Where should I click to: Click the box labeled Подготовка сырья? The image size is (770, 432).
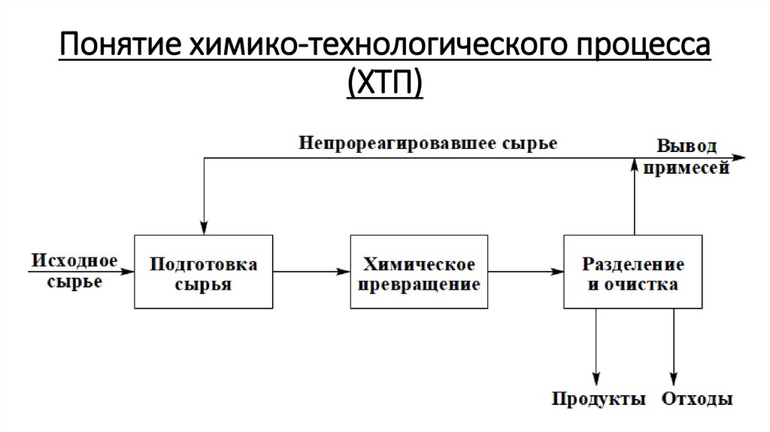[x=203, y=272]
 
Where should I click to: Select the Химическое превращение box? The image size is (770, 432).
[x=419, y=272]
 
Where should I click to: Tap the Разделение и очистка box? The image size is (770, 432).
[x=633, y=272]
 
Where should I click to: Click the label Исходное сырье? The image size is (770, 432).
[x=74, y=271]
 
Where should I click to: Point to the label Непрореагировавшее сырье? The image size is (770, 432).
[x=428, y=143]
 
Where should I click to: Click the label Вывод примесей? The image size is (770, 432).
[x=687, y=156]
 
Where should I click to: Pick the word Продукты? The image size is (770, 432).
[x=599, y=399]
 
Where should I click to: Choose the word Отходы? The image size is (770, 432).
[x=697, y=399]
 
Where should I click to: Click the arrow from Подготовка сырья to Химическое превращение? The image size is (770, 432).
[x=311, y=271]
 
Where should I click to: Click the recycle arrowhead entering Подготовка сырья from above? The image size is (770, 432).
[x=203, y=227]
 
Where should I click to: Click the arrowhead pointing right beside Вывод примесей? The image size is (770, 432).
[x=740, y=157]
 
